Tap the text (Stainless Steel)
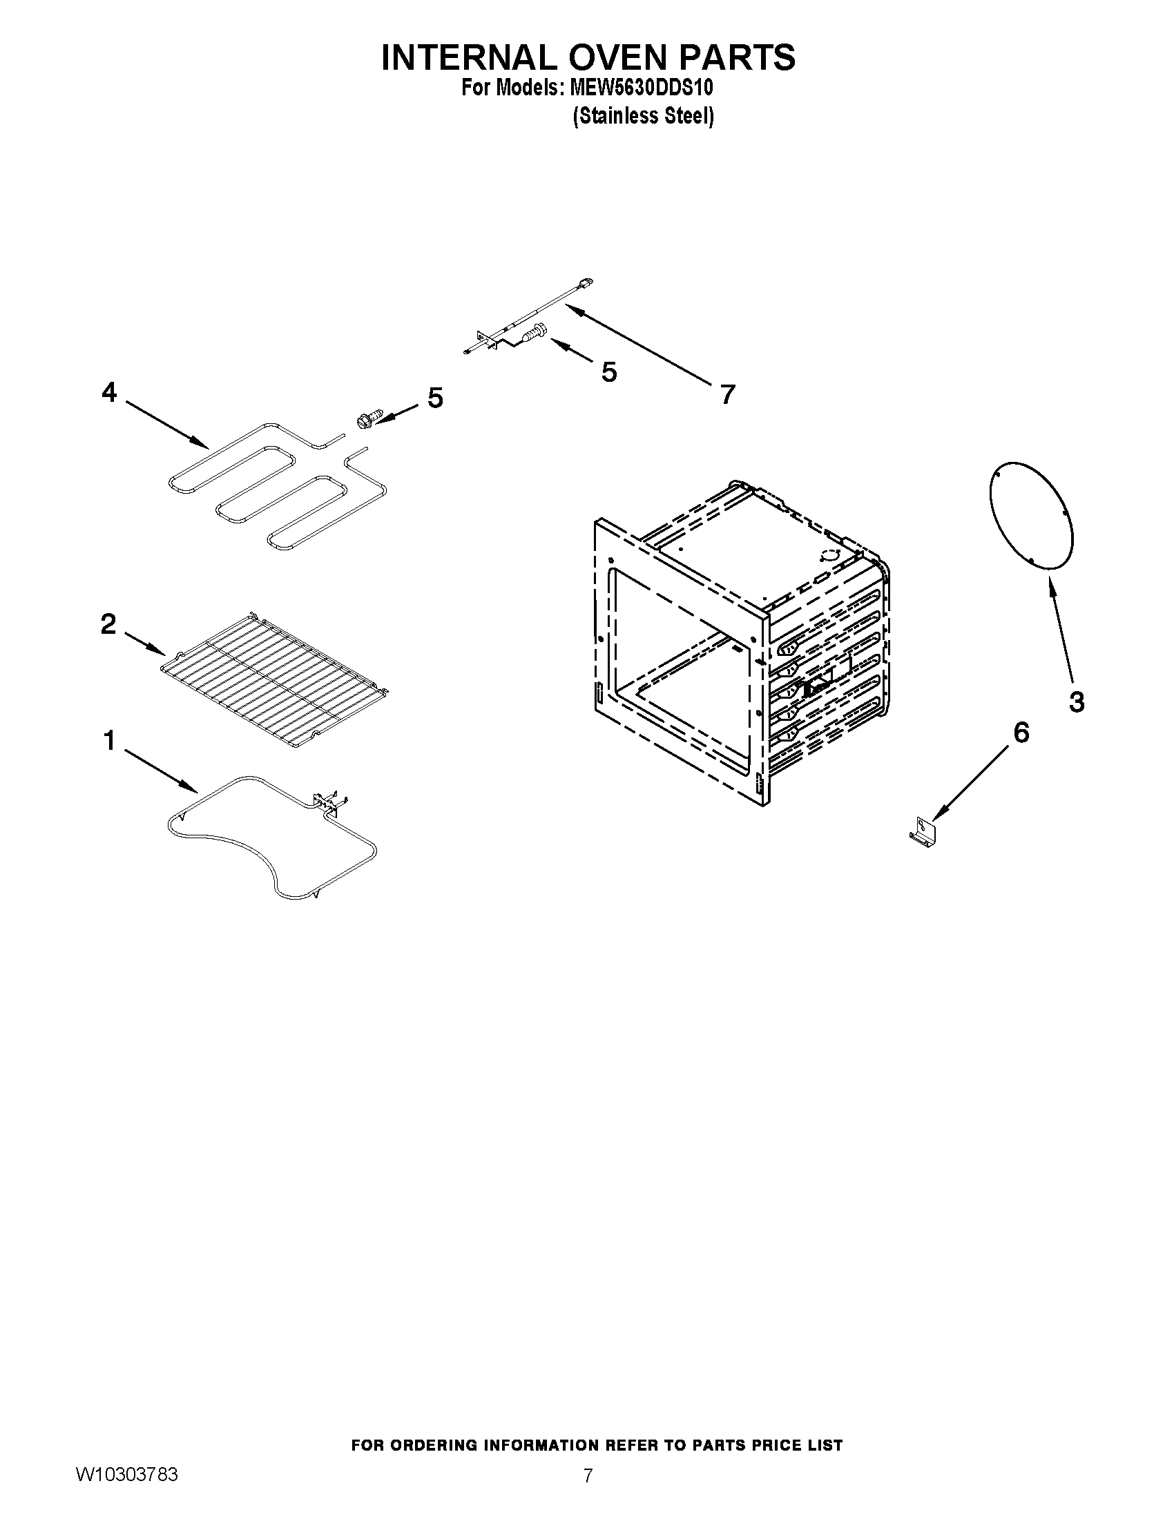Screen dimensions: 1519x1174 [x=643, y=115]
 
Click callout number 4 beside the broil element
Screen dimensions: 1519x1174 [x=109, y=393]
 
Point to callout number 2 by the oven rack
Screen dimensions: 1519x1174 [x=108, y=624]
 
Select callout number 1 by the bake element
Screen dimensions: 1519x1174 [x=109, y=742]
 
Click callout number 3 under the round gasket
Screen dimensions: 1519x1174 [x=1076, y=702]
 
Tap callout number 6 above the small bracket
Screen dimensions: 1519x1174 [x=1020, y=733]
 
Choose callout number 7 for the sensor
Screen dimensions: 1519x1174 [x=726, y=395]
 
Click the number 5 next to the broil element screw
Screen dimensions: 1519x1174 [x=434, y=398]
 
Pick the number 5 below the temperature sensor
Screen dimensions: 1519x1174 [x=608, y=373]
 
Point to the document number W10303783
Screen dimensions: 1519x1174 [x=126, y=1476]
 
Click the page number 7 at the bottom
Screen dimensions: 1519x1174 [x=588, y=1476]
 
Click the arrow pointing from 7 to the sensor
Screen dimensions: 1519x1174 [x=640, y=345]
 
